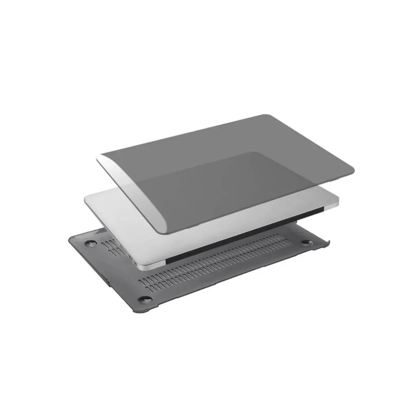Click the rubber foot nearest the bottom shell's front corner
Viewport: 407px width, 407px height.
click(143, 300)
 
